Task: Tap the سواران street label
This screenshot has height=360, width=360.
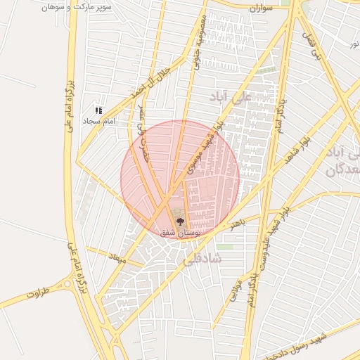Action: (259, 8)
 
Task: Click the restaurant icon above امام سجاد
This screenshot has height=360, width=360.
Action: (99, 110)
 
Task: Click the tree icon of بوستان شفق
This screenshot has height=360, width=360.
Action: (179, 221)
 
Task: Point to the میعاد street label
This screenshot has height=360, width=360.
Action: (115, 259)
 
